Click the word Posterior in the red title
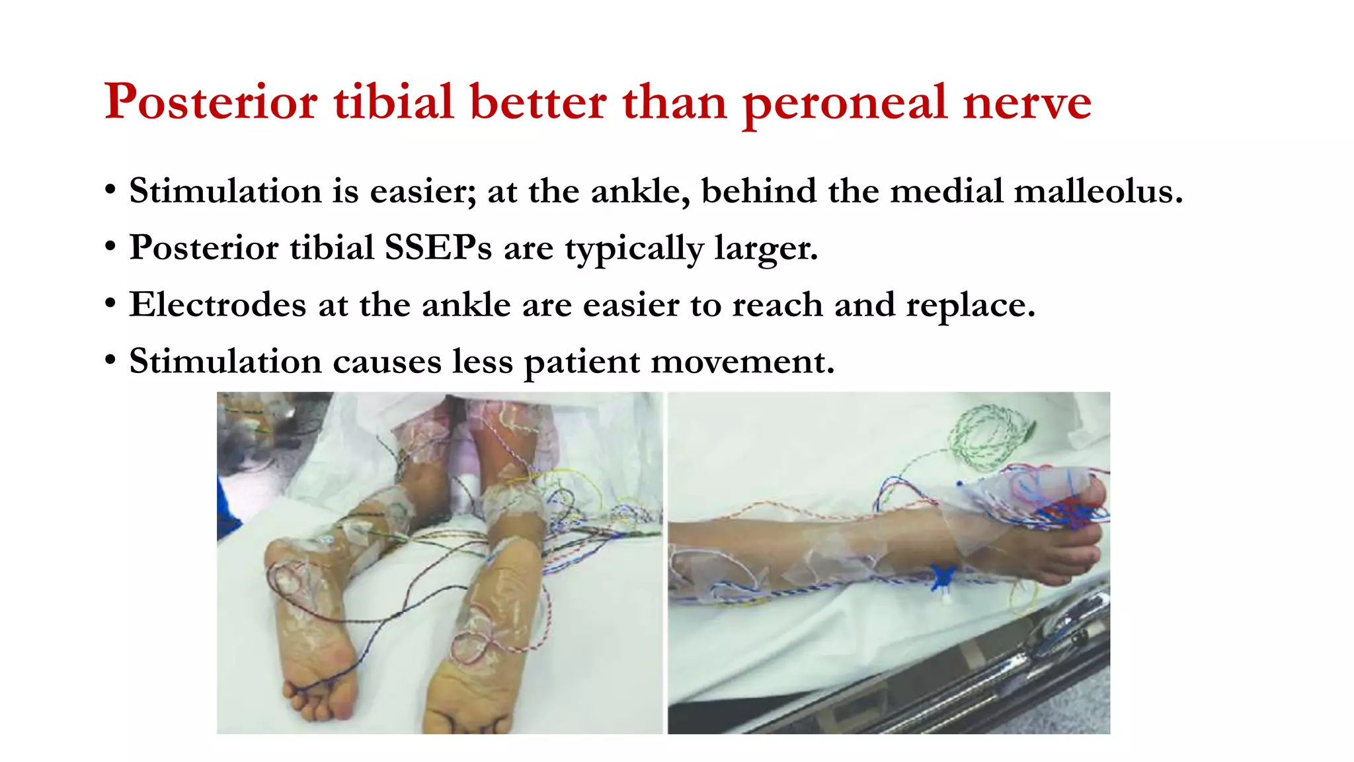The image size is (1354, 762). pyautogui.click(x=211, y=103)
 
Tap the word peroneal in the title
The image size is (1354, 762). pyautogui.click(x=846, y=104)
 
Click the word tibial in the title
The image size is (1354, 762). pyautogui.click(x=393, y=103)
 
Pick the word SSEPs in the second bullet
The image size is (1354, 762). pyautogui.click(x=438, y=248)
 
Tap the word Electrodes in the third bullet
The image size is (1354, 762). pyautogui.click(x=218, y=305)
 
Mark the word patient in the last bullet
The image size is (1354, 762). pyautogui.click(x=582, y=363)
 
